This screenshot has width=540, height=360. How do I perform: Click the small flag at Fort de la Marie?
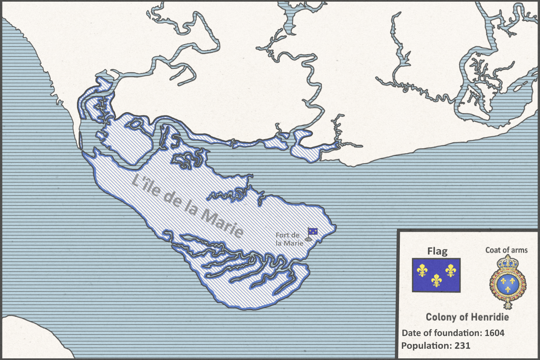[313, 231]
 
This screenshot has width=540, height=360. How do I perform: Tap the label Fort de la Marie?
[289, 239]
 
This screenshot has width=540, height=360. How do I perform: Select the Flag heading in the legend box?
[437, 251]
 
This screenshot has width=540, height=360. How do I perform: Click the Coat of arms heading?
[507, 250]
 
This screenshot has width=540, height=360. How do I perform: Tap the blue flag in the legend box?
[436, 275]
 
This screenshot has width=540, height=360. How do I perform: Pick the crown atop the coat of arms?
[507, 262]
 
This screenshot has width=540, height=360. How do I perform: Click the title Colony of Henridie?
[467, 317]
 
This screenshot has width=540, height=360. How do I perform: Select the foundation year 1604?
[494, 333]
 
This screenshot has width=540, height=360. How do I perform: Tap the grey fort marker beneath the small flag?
[308, 239]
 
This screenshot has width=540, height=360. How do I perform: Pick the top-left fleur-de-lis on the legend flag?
[422, 271]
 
